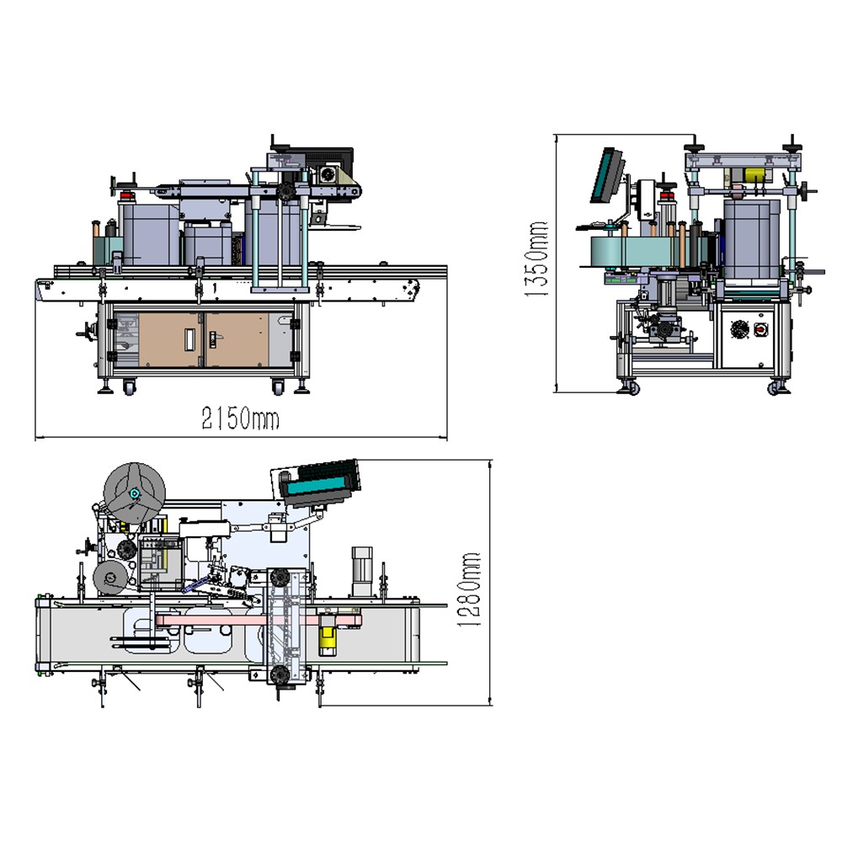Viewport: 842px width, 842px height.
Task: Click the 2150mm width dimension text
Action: pyautogui.click(x=240, y=418)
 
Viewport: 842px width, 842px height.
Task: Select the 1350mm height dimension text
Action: pyautogui.click(x=536, y=259)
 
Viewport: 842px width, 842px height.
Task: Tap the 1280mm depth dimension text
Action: pyautogui.click(x=468, y=589)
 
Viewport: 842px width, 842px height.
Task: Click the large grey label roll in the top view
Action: pyautogui.click(x=135, y=493)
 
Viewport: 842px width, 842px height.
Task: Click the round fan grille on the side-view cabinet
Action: pyautogui.click(x=739, y=329)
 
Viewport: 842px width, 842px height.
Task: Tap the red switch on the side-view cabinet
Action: pyautogui.click(x=759, y=329)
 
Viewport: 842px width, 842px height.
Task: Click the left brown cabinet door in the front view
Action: pyautogui.click(x=170, y=340)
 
